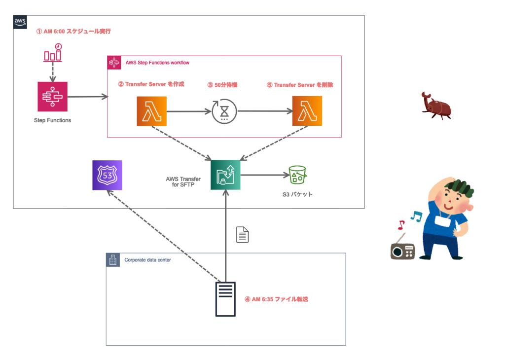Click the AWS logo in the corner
click(x=20, y=22)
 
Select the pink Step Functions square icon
click(x=52, y=97)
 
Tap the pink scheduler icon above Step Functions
click(x=53, y=54)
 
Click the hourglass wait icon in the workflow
click(x=224, y=111)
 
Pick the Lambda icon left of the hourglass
click(x=151, y=111)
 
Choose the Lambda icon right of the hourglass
click(x=307, y=111)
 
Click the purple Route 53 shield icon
click(x=107, y=175)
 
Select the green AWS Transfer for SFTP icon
click(x=225, y=175)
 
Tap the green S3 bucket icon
click(x=297, y=175)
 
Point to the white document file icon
click(x=242, y=235)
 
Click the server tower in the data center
click(x=225, y=299)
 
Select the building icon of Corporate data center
click(x=113, y=260)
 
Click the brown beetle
click(x=436, y=106)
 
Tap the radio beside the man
click(x=403, y=249)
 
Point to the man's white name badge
click(x=442, y=221)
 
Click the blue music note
click(x=417, y=216)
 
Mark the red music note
click(x=401, y=225)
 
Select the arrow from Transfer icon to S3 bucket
click(x=265, y=175)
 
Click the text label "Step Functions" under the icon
click(x=52, y=120)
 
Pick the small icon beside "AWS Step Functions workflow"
click(x=114, y=63)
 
